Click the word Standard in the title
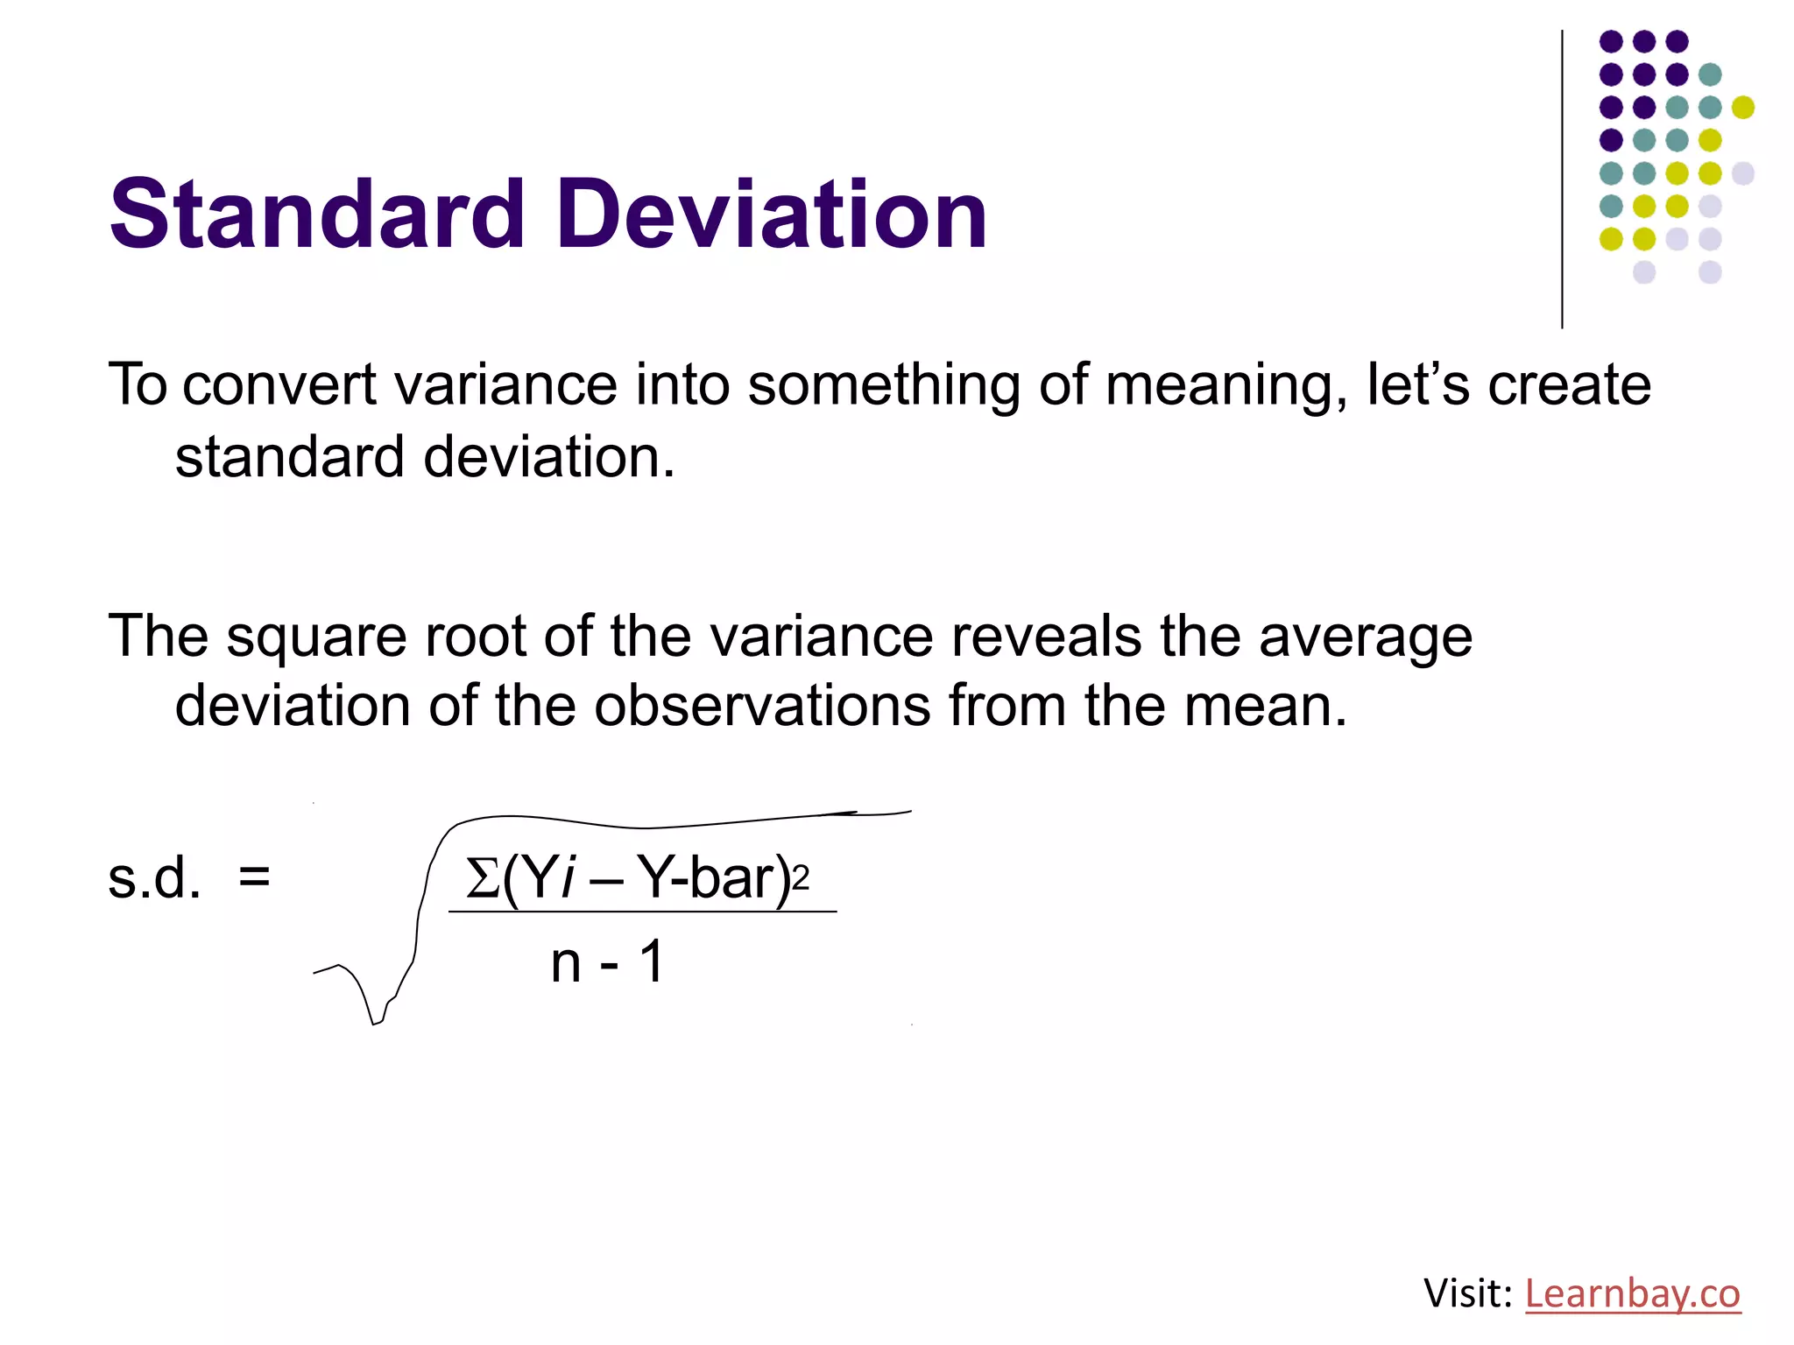(317, 215)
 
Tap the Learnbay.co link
(1632, 1293)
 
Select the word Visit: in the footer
(1468, 1293)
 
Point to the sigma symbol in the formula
(482, 878)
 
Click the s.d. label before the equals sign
(154, 878)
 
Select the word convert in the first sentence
(279, 385)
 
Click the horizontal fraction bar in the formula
(643, 912)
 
